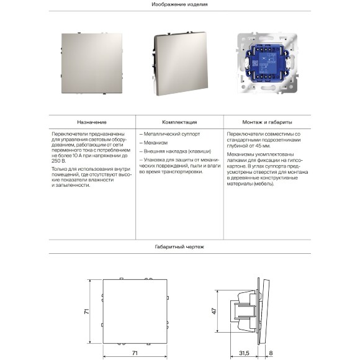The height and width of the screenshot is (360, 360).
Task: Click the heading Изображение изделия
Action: pos(179,4)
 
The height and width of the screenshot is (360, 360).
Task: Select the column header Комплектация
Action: pos(179,123)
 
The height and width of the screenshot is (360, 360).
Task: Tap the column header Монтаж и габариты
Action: pos(268,123)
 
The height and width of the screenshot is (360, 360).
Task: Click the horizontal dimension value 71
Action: pos(134,353)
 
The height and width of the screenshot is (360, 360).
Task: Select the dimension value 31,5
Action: pos(245,353)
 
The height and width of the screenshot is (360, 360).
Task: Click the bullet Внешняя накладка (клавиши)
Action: pos(173,151)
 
